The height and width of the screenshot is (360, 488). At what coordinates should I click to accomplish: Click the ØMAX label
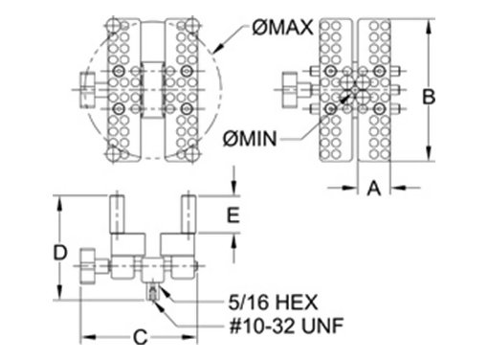coord(282,28)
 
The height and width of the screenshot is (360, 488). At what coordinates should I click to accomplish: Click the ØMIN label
coord(250,139)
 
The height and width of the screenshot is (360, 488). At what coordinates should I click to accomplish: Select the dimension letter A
coord(374,188)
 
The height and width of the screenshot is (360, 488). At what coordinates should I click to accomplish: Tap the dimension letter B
coord(429,97)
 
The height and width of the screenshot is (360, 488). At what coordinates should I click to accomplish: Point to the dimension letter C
coord(141,337)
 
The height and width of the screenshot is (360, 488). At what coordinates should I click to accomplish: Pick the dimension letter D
coord(60,253)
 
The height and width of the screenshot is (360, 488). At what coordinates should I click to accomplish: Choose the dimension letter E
coord(233,214)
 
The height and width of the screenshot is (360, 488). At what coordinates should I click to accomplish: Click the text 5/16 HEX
coord(273,303)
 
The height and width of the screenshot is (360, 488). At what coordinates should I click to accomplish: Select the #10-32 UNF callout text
coord(286,326)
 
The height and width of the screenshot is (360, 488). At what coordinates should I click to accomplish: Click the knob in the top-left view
coord(87,90)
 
